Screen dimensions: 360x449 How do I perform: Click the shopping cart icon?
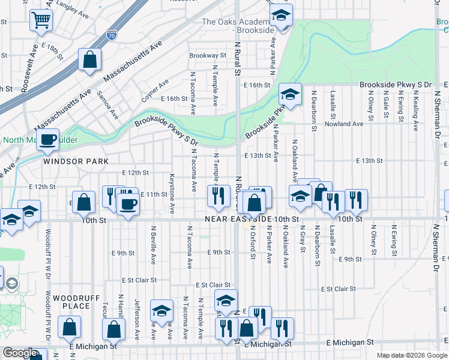coord(41,20)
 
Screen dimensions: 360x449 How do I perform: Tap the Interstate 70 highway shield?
coord(111,35)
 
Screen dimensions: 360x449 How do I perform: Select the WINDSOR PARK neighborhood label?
coord(76,161)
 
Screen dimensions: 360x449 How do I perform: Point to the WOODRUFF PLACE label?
coord(71,302)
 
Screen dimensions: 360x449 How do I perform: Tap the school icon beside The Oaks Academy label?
coord(280,17)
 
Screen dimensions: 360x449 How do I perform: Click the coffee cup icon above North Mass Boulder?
coord(48,139)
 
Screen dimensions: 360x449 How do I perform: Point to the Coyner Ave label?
coord(155,92)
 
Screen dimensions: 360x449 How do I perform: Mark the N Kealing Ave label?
coord(415,105)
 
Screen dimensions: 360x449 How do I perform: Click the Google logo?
coord(20,353)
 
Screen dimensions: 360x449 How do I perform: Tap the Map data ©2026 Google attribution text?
coord(412,355)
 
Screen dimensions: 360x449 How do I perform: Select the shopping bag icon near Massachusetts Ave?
coord(89,59)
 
